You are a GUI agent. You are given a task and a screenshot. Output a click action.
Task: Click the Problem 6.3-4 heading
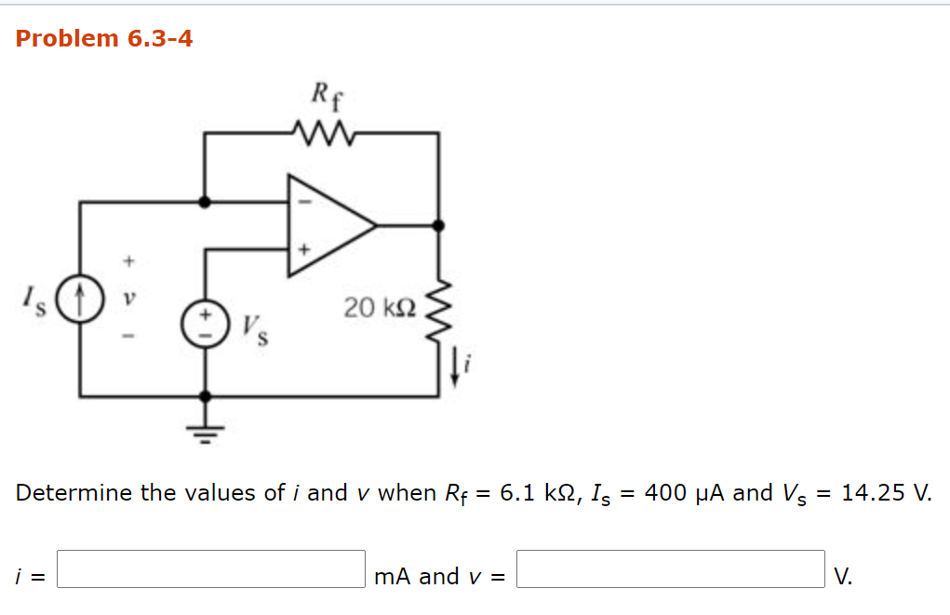pos(104,39)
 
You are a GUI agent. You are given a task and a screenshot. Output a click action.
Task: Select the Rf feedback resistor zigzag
pos(321,132)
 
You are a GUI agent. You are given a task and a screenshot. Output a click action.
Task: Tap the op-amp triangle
pos(326,225)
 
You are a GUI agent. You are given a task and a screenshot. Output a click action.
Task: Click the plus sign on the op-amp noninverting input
pos(301,249)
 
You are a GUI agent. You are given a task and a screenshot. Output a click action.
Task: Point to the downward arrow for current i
pos(455,370)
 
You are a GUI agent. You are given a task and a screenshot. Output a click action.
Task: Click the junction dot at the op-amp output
pos(438,225)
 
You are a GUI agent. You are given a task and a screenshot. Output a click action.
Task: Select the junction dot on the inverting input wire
pos(205,201)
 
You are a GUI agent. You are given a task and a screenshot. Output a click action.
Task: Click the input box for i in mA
pos(211,569)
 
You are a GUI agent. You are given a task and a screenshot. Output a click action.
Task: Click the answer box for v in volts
pos(670,569)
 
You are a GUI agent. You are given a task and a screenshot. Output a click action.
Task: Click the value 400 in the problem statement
pos(665,492)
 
